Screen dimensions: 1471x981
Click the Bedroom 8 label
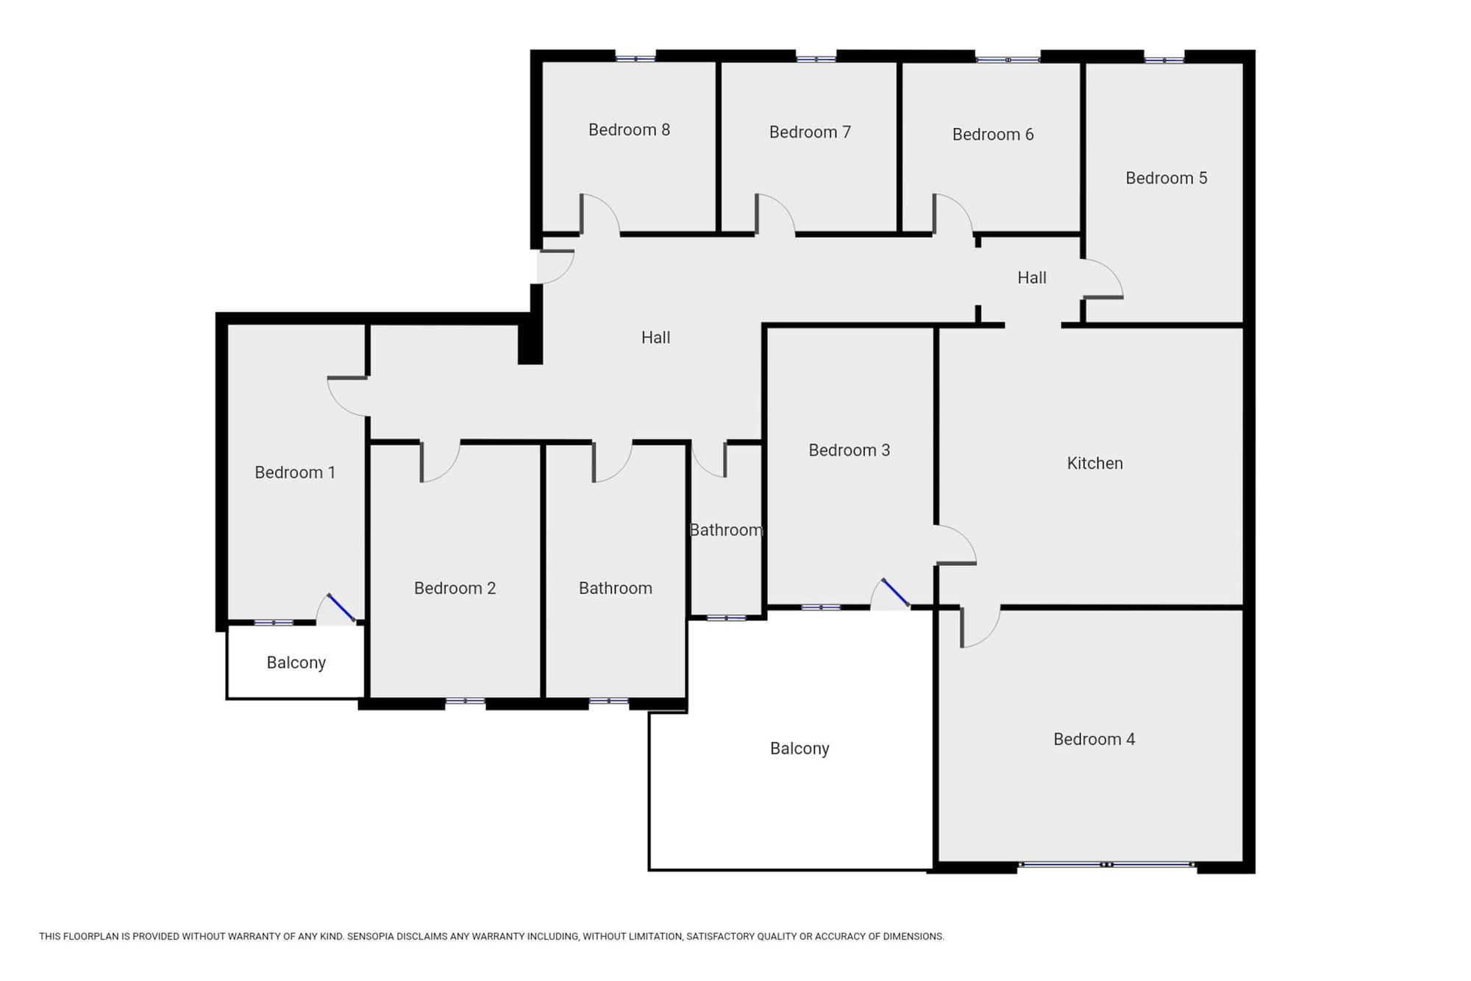click(629, 130)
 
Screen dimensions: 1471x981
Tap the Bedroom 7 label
click(810, 132)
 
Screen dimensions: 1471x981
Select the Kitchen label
click(1094, 464)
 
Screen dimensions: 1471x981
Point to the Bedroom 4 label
click(1094, 740)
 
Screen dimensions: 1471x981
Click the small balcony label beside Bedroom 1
click(296, 663)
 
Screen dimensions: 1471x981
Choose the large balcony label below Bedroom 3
click(799, 749)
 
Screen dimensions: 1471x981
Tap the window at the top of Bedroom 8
click(635, 58)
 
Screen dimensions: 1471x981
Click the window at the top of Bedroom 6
click(1008, 60)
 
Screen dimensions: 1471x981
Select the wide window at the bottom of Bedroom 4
click(1107, 865)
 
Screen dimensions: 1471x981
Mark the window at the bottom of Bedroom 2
click(465, 701)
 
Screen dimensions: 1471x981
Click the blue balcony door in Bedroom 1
click(341, 608)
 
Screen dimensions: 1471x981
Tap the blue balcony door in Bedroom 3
click(896, 593)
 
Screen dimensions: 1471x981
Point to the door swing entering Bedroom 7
click(774, 214)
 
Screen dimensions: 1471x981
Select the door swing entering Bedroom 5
click(1103, 279)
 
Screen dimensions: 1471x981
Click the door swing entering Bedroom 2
click(441, 461)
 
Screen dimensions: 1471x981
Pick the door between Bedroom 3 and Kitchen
click(955, 545)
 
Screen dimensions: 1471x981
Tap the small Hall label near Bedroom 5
click(1032, 278)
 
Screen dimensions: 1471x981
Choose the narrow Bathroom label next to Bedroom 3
click(726, 531)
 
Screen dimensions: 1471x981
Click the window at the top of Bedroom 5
click(1164, 60)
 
